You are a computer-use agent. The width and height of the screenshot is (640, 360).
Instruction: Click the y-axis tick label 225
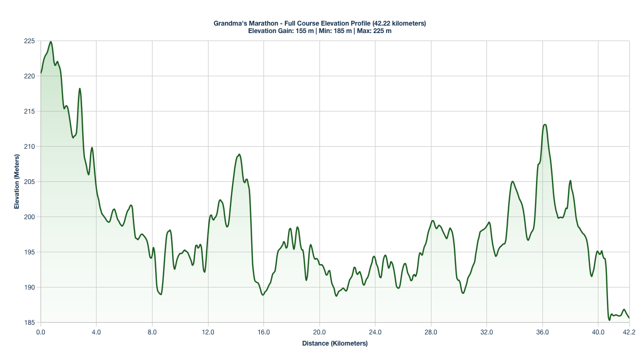pos(29,41)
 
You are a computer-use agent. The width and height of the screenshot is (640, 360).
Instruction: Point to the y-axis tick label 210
pos(29,146)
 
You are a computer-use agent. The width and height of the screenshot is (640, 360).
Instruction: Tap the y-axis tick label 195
pos(29,252)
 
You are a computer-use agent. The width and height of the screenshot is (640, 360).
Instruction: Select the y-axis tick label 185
pos(29,322)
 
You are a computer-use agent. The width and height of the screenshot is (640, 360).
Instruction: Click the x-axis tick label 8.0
pos(153,332)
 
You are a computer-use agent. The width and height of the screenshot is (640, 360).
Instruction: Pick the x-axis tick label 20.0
pos(319,332)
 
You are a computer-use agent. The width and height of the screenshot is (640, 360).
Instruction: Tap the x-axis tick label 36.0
pos(542,332)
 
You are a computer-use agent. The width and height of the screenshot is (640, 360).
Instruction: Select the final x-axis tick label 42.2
pos(629,332)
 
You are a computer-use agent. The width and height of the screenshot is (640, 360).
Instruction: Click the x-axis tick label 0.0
pos(41,332)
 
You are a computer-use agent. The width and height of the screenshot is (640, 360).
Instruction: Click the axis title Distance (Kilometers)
pos(335,343)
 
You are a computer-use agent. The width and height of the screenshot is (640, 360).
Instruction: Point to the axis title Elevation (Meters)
pos(17,181)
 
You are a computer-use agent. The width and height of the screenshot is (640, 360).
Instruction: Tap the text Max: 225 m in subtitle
pos(374,31)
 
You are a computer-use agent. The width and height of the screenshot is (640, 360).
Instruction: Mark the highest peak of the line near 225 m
pos(51,42)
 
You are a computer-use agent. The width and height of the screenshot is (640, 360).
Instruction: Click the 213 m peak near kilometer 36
pos(545,124)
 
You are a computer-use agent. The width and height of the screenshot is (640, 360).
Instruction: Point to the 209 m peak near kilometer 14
pos(239,154)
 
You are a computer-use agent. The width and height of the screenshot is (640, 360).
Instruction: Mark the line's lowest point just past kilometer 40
pos(609,320)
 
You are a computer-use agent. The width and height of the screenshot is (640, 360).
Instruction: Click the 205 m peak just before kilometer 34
pos(513,181)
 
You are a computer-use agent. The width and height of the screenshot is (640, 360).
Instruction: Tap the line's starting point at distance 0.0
pos(41,73)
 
